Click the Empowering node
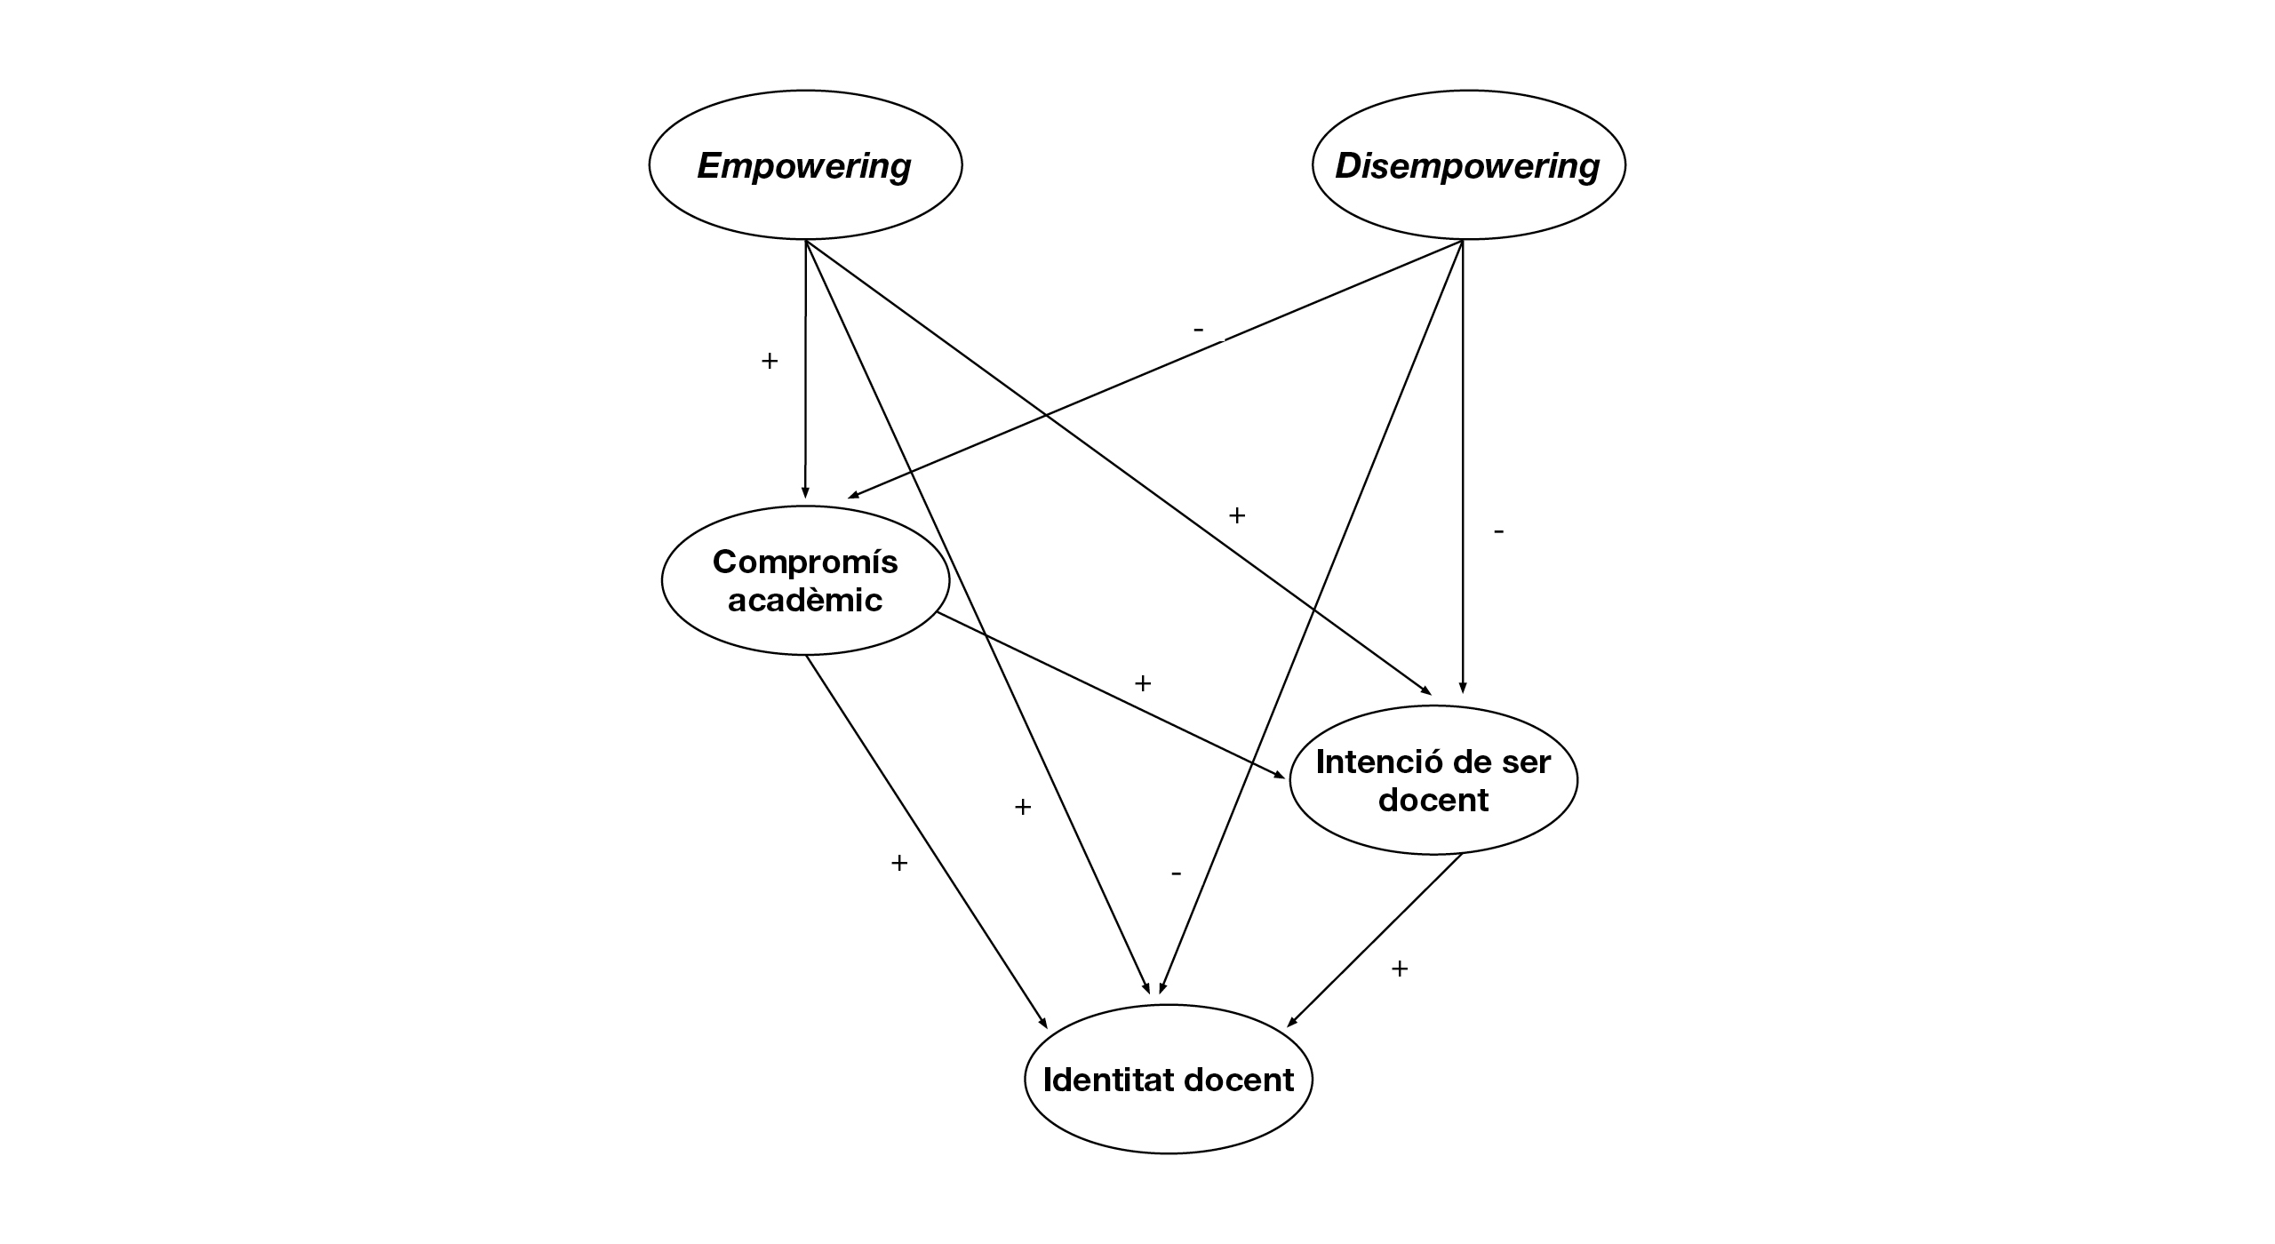point(805,165)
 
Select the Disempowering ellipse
point(1468,165)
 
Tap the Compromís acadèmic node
point(805,580)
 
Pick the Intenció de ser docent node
point(1433,780)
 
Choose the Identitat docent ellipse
point(1168,1080)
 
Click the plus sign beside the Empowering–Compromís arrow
point(770,361)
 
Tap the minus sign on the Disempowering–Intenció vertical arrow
point(1499,531)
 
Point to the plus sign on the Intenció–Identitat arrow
point(1400,969)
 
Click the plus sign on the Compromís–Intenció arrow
point(1143,683)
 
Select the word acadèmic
point(805,601)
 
